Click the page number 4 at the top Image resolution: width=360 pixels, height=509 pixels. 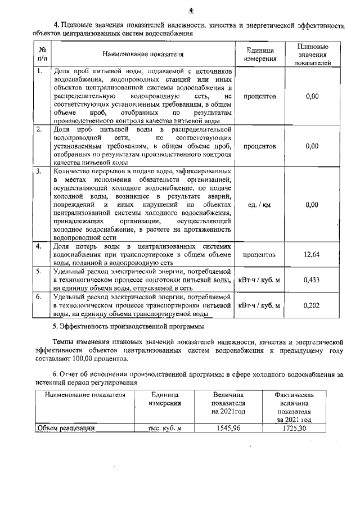point(191,10)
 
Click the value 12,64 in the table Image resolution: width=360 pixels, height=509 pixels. point(312,255)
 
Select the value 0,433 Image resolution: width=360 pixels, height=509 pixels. point(312,280)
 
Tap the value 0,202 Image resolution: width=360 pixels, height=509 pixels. point(312,305)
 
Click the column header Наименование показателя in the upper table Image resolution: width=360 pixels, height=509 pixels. point(143,54)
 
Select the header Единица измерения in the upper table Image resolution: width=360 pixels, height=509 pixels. point(259,54)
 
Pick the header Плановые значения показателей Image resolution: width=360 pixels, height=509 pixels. point(312,54)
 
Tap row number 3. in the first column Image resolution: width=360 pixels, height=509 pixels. point(39,171)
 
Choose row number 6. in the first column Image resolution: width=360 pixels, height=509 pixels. point(39,295)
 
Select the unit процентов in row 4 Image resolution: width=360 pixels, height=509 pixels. point(259,255)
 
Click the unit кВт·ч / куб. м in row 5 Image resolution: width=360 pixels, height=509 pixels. point(259,280)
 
